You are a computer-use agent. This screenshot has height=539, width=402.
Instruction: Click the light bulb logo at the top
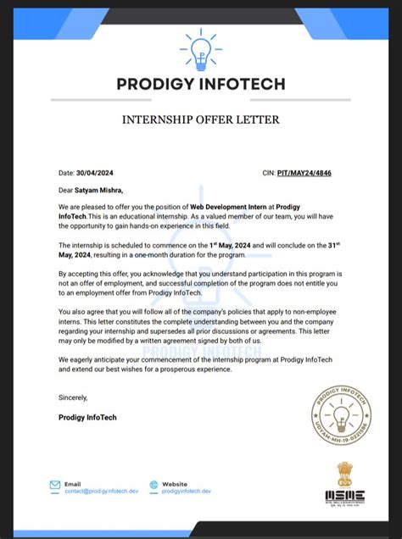point(200,51)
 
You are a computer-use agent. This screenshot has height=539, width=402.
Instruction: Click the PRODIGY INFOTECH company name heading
point(200,85)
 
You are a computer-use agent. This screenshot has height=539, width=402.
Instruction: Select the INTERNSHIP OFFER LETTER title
point(200,119)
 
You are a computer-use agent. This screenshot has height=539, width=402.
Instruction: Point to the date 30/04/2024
point(94,172)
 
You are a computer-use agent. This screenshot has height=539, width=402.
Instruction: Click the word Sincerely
point(73,397)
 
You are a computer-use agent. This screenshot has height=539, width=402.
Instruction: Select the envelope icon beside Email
point(55,486)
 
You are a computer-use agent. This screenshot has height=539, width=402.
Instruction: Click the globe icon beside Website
point(154,486)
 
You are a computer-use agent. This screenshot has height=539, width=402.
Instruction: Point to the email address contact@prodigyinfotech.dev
point(98,491)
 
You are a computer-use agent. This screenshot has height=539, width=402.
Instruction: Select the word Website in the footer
point(176,482)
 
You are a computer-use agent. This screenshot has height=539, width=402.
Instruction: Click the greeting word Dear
point(66,190)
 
